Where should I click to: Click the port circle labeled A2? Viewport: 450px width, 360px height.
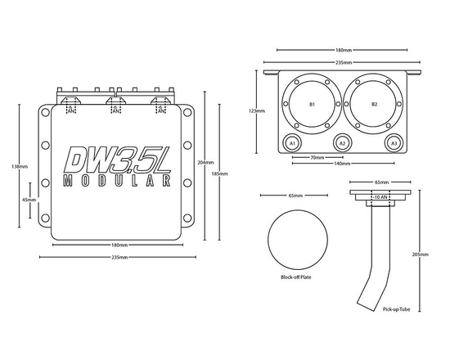click(x=343, y=143)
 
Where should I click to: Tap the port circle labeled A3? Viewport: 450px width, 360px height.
click(x=394, y=143)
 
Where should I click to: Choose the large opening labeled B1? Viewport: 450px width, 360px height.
click(x=312, y=105)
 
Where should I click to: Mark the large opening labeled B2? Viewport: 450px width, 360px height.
click(x=374, y=105)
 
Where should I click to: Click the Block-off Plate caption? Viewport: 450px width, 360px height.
click(x=295, y=277)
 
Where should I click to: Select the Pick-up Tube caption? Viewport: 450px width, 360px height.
click(x=396, y=310)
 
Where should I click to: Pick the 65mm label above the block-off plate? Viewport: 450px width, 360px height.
click(x=295, y=196)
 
